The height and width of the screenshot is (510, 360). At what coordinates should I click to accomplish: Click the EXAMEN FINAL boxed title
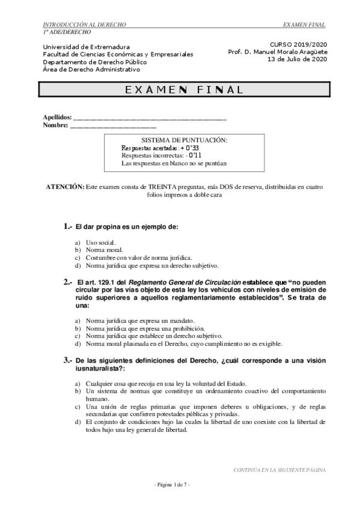(184, 90)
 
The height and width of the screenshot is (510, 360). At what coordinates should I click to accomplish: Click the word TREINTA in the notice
(166, 187)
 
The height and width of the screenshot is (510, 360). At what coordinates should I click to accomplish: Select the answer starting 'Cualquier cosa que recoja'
(166, 383)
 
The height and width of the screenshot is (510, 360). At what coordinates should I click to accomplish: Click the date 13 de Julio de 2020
(296, 60)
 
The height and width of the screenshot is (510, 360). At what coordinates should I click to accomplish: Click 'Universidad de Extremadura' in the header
(82, 46)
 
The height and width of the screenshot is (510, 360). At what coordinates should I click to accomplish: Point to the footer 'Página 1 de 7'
(172, 485)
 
